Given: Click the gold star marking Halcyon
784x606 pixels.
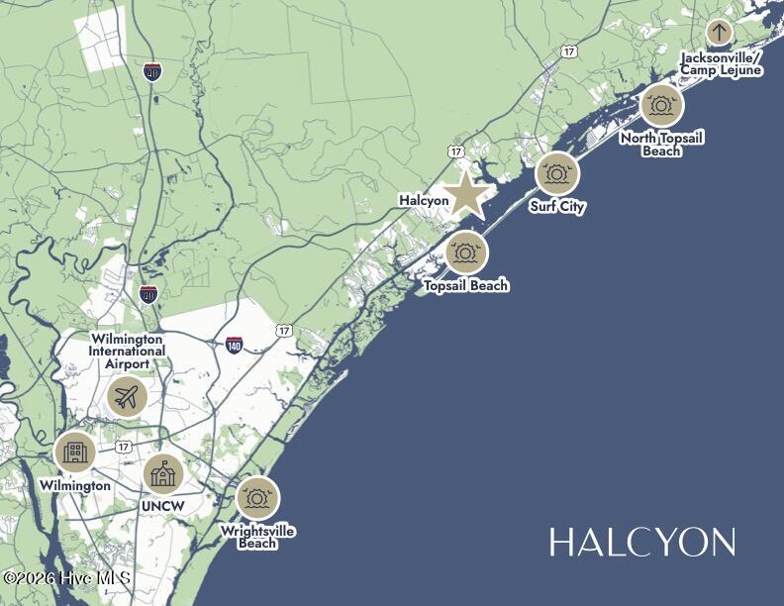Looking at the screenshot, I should (x=465, y=195).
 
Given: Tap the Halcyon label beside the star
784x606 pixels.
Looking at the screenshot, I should (x=424, y=200).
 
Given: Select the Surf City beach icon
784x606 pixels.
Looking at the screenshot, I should (x=557, y=174).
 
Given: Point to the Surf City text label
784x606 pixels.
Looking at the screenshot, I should (x=556, y=207).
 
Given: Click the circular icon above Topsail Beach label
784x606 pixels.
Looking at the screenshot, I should (x=466, y=252).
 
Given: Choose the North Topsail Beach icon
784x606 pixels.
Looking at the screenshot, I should (x=661, y=105).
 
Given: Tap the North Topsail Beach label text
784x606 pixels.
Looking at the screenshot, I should (x=661, y=145).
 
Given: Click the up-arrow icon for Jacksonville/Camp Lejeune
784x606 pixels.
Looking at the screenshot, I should (x=720, y=31).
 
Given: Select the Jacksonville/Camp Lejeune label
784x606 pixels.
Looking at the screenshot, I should (x=721, y=63).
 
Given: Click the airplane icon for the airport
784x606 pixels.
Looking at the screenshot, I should (x=127, y=397).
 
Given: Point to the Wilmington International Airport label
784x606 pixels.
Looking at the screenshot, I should (x=127, y=352).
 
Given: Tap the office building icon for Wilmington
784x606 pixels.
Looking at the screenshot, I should (x=75, y=454).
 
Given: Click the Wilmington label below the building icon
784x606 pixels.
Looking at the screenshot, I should (x=75, y=486).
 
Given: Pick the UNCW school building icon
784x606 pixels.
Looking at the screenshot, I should (x=163, y=474).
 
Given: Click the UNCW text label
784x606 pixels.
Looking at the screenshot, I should (x=163, y=507).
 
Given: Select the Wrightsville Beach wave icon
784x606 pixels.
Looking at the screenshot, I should (x=257, y=498).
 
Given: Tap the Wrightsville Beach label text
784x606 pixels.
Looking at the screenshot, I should (x=257, y=538).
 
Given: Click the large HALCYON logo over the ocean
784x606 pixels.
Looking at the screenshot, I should (x=642, y=543).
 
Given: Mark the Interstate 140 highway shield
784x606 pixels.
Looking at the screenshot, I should (x=234, y=345).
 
